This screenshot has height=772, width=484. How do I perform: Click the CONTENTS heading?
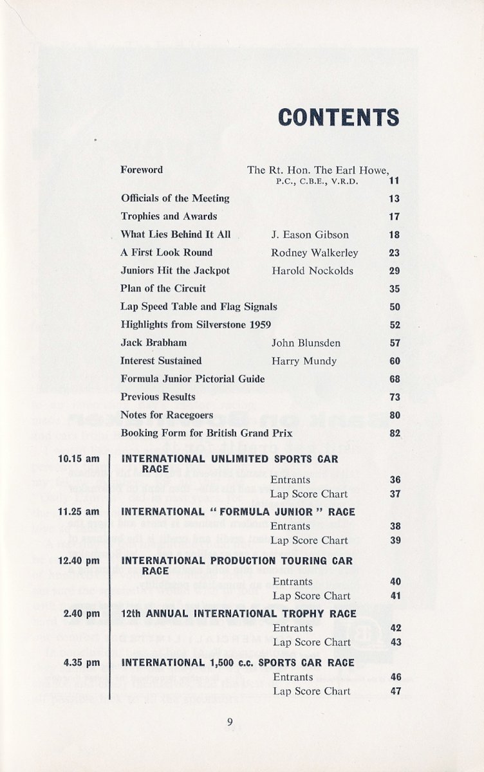click(338, 118)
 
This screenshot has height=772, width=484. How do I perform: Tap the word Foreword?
click(142, 170)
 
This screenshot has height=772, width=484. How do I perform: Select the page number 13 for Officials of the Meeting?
click(395, 199)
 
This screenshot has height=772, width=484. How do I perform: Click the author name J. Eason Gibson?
click(310, 235)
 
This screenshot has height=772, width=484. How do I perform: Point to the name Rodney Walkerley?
click(314, 253)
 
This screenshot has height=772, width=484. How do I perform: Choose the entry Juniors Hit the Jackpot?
click(175, 271)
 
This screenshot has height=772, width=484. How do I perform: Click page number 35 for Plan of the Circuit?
click(395, 289)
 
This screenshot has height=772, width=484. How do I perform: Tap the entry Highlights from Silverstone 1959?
click(196, 325)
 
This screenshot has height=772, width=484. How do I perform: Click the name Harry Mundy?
click(304, 361)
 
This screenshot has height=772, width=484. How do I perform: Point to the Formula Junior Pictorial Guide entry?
click(192, 379)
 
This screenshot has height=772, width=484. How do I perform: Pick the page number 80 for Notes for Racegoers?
click(395, 415)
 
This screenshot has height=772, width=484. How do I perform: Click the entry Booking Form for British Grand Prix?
click(206, 433)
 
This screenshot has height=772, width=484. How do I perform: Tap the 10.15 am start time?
click(79, 460)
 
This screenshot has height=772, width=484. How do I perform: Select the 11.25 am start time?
click(79, 512)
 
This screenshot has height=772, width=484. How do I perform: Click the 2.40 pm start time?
click(81, 614)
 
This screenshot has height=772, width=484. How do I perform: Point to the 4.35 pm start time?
click(81, 663)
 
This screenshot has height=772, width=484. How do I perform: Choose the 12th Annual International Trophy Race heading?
click(238, 614)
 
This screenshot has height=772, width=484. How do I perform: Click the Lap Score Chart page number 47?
click(395, 692)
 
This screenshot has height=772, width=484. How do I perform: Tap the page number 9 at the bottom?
click(230, 722)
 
